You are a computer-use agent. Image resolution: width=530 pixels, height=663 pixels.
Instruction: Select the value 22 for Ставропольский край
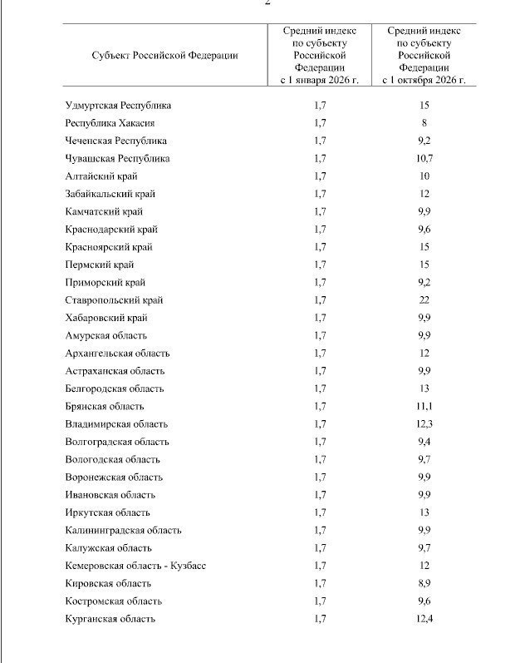(x=424, y=300)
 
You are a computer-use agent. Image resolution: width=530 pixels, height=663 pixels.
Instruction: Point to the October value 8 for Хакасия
(x=424, y=123)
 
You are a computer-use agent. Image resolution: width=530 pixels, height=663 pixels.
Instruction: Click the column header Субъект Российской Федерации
(x=164, y=56)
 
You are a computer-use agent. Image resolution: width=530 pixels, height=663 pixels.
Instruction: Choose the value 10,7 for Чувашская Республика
(x=424, y=158)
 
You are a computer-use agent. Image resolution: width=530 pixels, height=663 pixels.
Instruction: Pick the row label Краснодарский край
(x=110, y=230)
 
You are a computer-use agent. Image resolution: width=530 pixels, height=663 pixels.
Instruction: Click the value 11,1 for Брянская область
(x=424, y=406)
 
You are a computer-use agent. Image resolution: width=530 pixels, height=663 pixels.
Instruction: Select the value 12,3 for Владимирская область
(x=424, y=424)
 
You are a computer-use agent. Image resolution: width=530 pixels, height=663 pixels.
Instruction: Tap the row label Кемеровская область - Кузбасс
(x=135, y=566)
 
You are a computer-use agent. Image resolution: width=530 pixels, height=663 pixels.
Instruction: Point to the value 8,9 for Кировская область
(x=424, y=583)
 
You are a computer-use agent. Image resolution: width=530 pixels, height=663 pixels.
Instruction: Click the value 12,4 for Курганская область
(x=424, y=618)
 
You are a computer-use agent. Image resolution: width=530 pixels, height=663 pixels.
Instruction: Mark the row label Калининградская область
(x=122, y=530)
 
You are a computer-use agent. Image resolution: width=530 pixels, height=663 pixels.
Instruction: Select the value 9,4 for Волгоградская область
(x=424, y=442)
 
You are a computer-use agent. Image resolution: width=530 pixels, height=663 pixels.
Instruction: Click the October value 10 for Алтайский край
(x=424, y=176)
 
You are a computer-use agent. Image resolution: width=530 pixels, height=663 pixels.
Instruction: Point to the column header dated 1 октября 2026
(x=424, y=56)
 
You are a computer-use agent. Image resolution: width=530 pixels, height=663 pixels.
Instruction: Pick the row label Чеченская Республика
(x=115, y=141)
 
